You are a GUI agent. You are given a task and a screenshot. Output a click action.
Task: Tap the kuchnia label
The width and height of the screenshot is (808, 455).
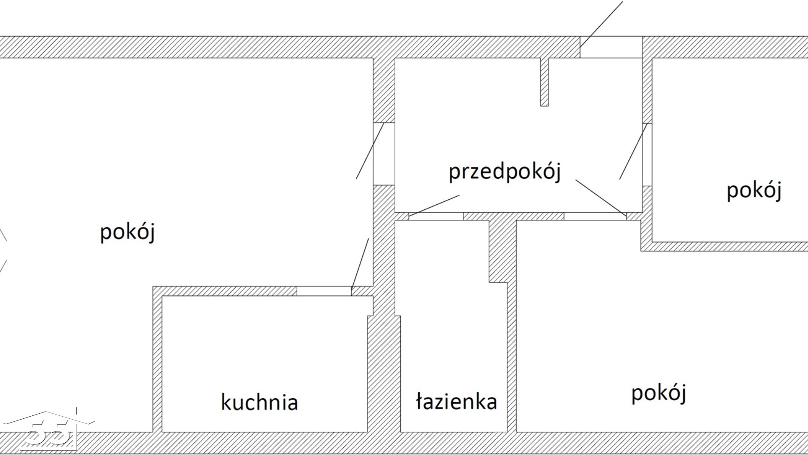coord(259,402)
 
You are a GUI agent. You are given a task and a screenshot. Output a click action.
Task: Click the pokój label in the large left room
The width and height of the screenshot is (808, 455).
coord(128,232)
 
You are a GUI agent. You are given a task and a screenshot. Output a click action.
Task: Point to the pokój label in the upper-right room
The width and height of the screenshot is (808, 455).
coord(754,190)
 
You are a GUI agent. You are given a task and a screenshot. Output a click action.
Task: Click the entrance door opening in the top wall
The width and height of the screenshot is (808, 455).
coord(611,47)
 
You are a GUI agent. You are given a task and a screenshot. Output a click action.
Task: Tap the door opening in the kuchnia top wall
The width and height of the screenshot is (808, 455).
coord(324,291)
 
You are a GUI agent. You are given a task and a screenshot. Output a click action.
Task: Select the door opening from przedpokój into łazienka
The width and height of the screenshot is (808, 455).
coord(436,216)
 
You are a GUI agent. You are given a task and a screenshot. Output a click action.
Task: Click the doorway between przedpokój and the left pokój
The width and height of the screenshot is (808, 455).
coord(384,154)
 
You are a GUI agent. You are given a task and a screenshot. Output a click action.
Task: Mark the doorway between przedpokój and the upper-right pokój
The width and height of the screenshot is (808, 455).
coord(647,155)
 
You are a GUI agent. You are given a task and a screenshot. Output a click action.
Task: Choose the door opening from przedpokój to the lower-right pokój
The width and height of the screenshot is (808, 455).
coord(595,216)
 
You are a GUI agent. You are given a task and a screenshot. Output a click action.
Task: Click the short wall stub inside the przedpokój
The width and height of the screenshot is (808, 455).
coord(545,82)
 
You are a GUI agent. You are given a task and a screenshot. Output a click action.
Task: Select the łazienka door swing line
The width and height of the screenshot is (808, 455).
coord(434,206)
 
